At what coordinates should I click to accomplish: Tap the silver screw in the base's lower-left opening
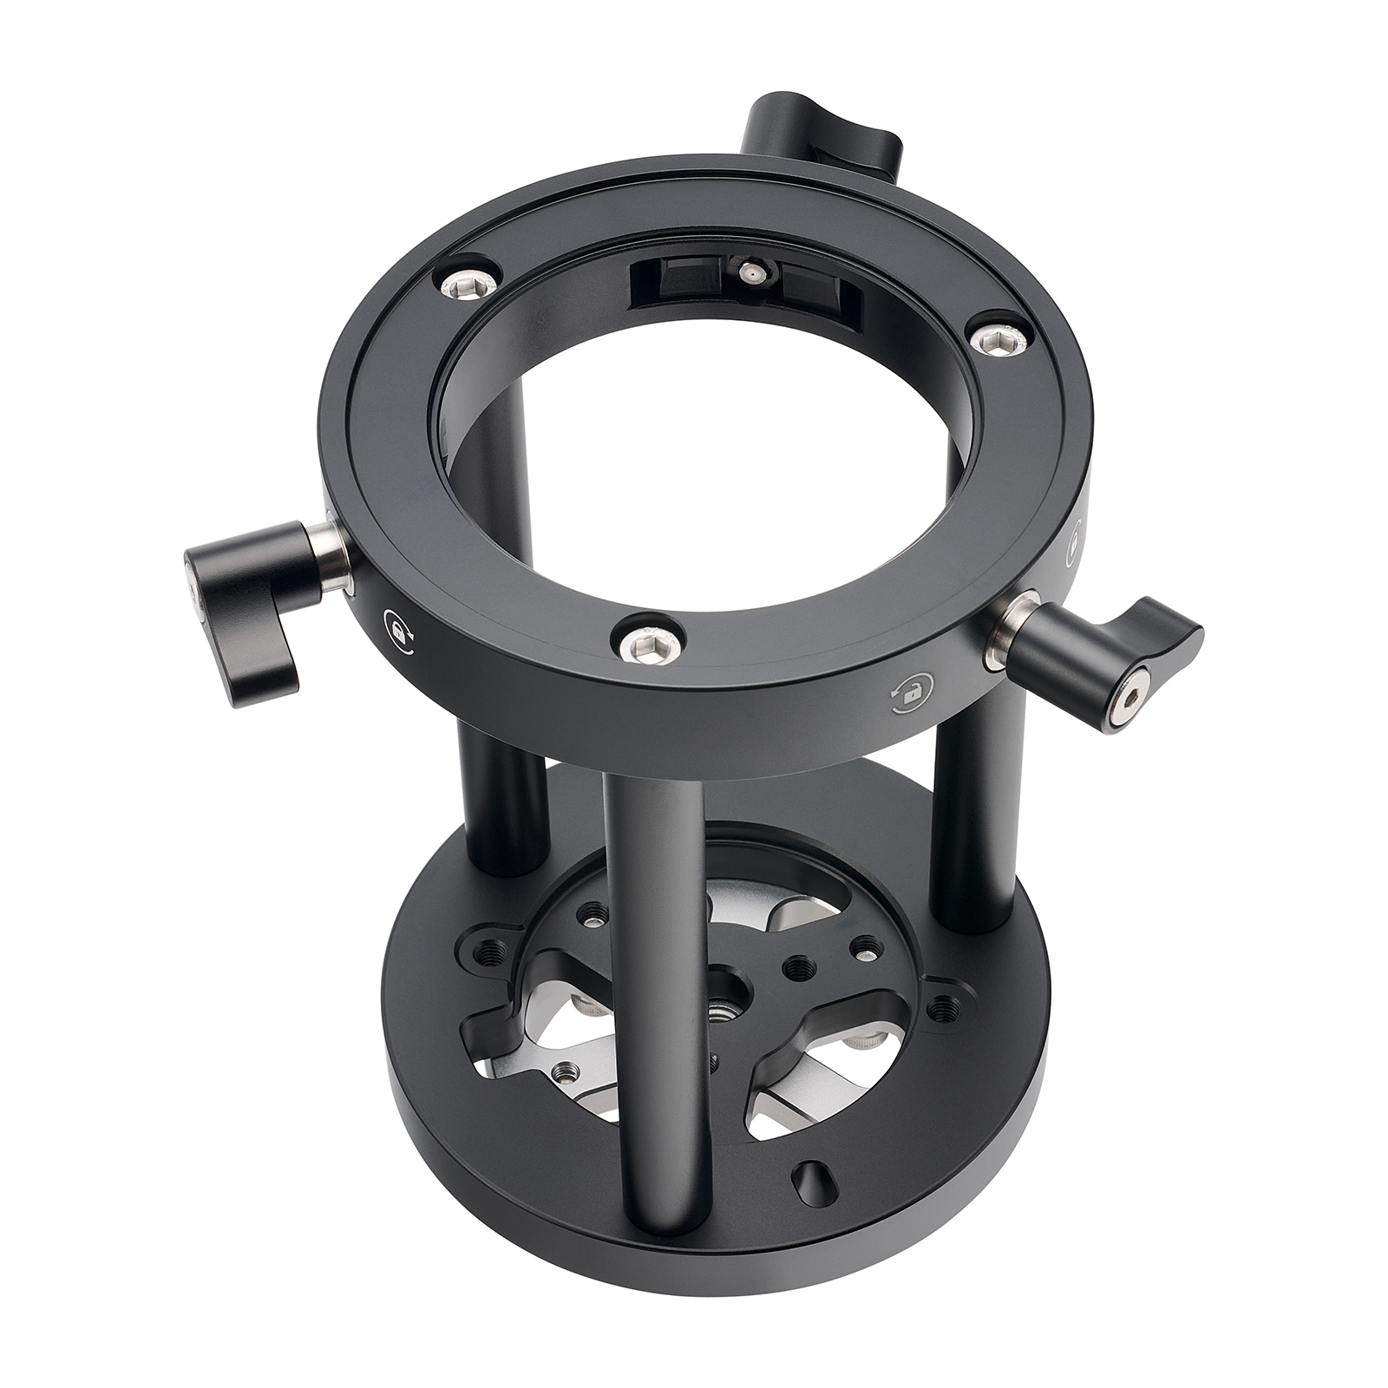pyautogui.click(x=569, y=1073)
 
